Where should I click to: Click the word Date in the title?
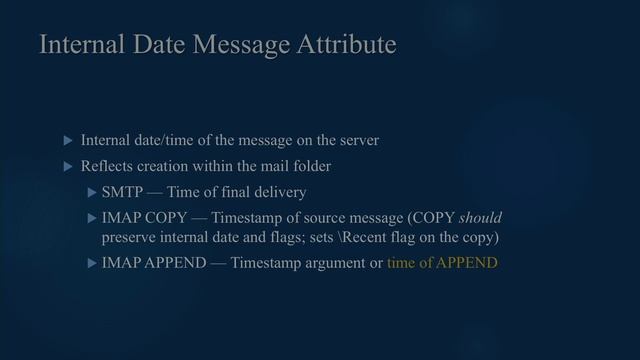pos(142,45)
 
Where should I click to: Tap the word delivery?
pos(278,191)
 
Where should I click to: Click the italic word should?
pos(480,218)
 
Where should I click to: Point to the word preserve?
pos(130,238)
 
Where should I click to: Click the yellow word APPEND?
pos(466,263)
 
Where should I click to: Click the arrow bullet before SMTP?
pos(92,191)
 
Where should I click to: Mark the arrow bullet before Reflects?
pos(68,166)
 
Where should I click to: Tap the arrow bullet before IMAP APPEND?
pos(92,263)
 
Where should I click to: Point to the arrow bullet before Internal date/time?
pos(68,141)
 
